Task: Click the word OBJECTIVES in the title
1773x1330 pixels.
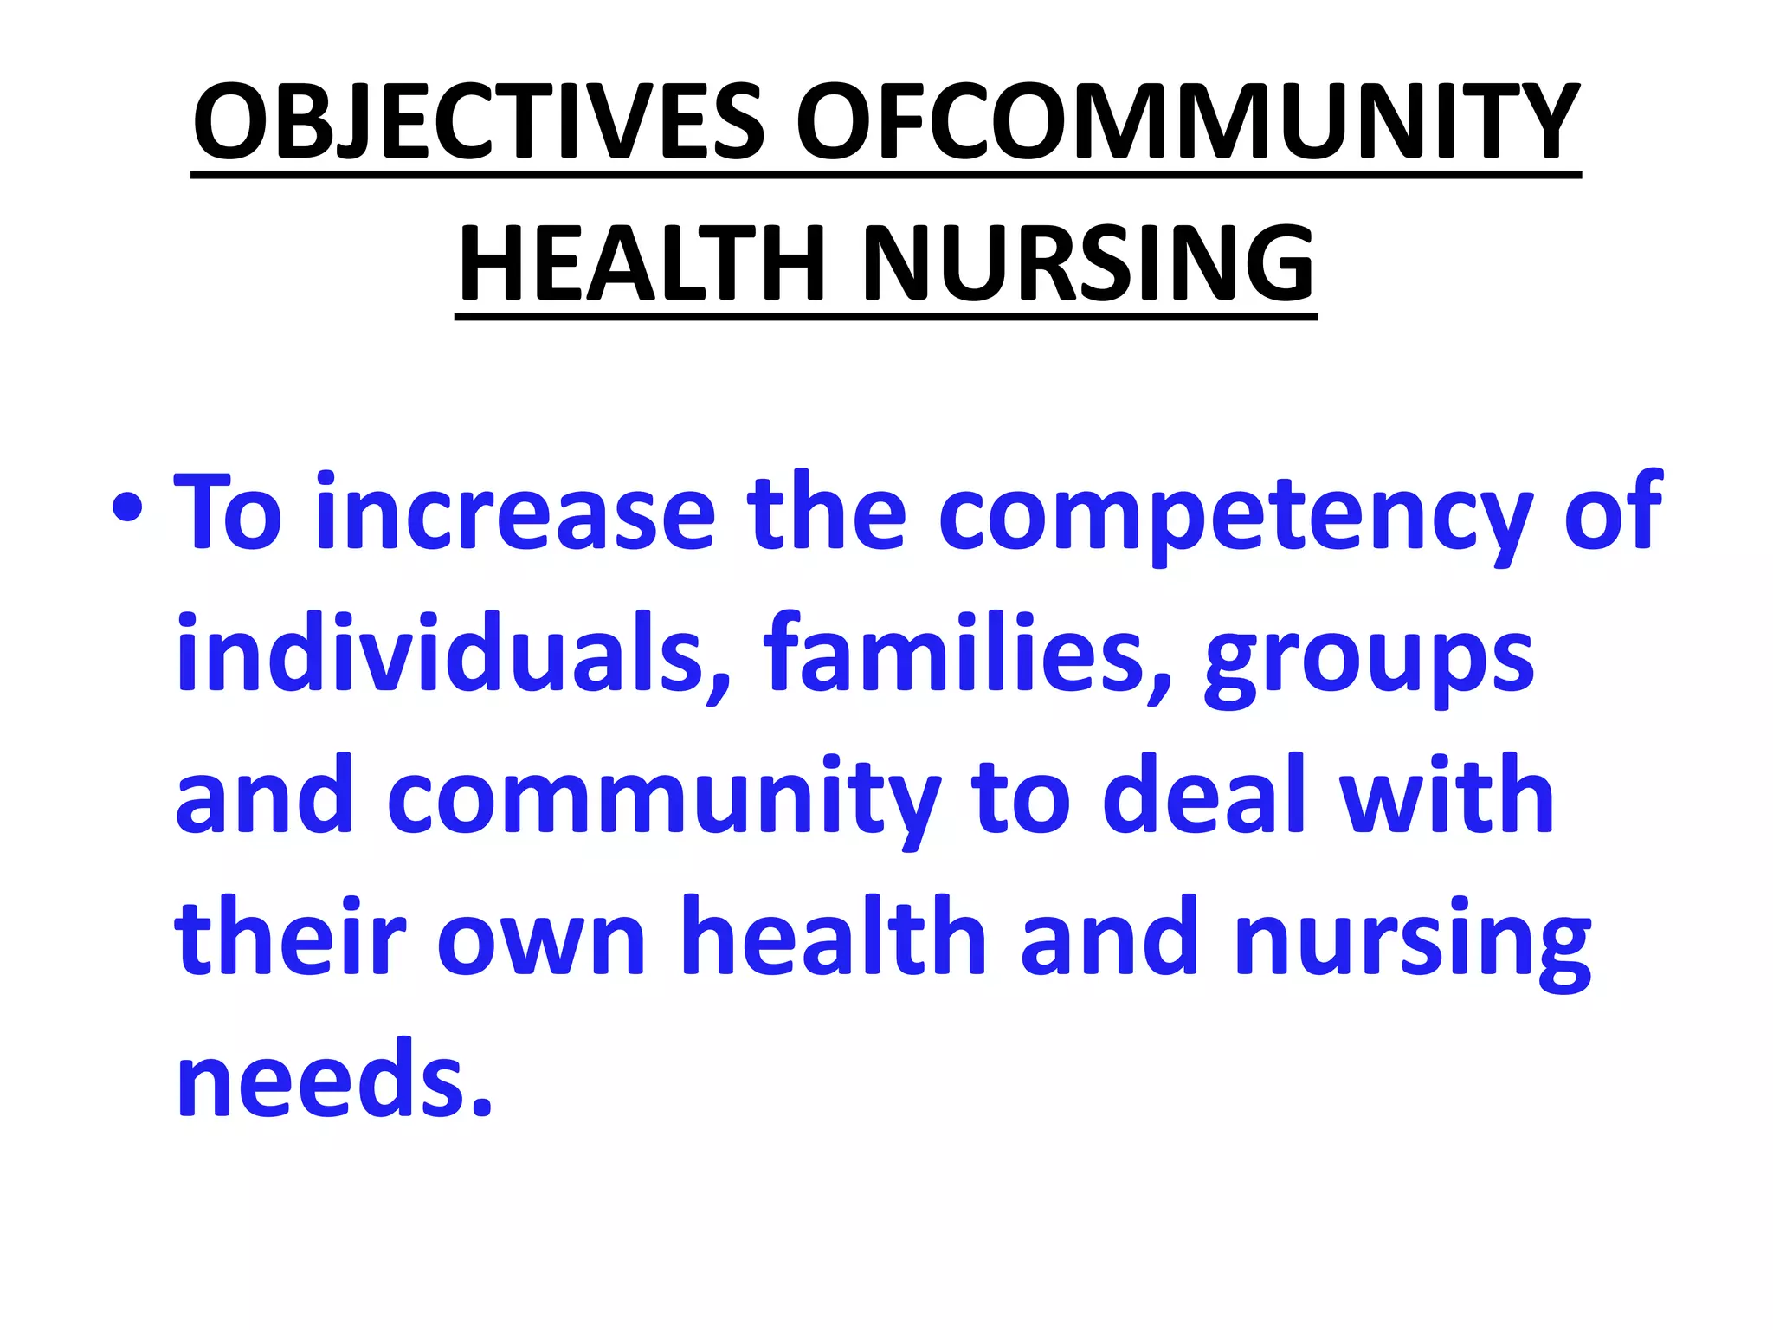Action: click(479, 121)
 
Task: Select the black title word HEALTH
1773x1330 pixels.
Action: click(642, 262)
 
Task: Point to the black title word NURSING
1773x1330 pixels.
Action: click(1088, 262)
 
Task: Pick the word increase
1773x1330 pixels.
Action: click(515, 513)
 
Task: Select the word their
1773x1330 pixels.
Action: click(291, 937)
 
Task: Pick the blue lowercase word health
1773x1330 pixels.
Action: click(834, 937)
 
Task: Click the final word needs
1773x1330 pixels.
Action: click(334, 1078)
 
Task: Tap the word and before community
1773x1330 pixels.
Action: click(265, 795)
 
